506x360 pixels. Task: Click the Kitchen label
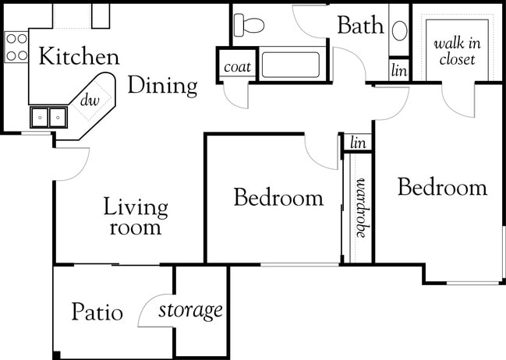coord(80,57)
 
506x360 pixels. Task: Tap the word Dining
coord(162,86)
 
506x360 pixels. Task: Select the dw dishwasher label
coord(90,100)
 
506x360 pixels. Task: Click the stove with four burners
coord(16,47)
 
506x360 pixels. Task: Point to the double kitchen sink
coord(48,117)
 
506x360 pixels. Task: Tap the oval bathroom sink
coord(399,31)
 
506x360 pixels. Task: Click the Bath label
coord(360,26)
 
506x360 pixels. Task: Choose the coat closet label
coord(237,67)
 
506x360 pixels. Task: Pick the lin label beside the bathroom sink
coord(399,70)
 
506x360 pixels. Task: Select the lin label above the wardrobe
coord(359,143)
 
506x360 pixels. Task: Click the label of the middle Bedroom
coord(278,198)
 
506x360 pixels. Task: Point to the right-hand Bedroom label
coord(442,188)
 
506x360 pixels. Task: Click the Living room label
coord(136,217)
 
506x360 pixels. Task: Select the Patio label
coord(97,312)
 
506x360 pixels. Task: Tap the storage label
coord(191,311)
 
